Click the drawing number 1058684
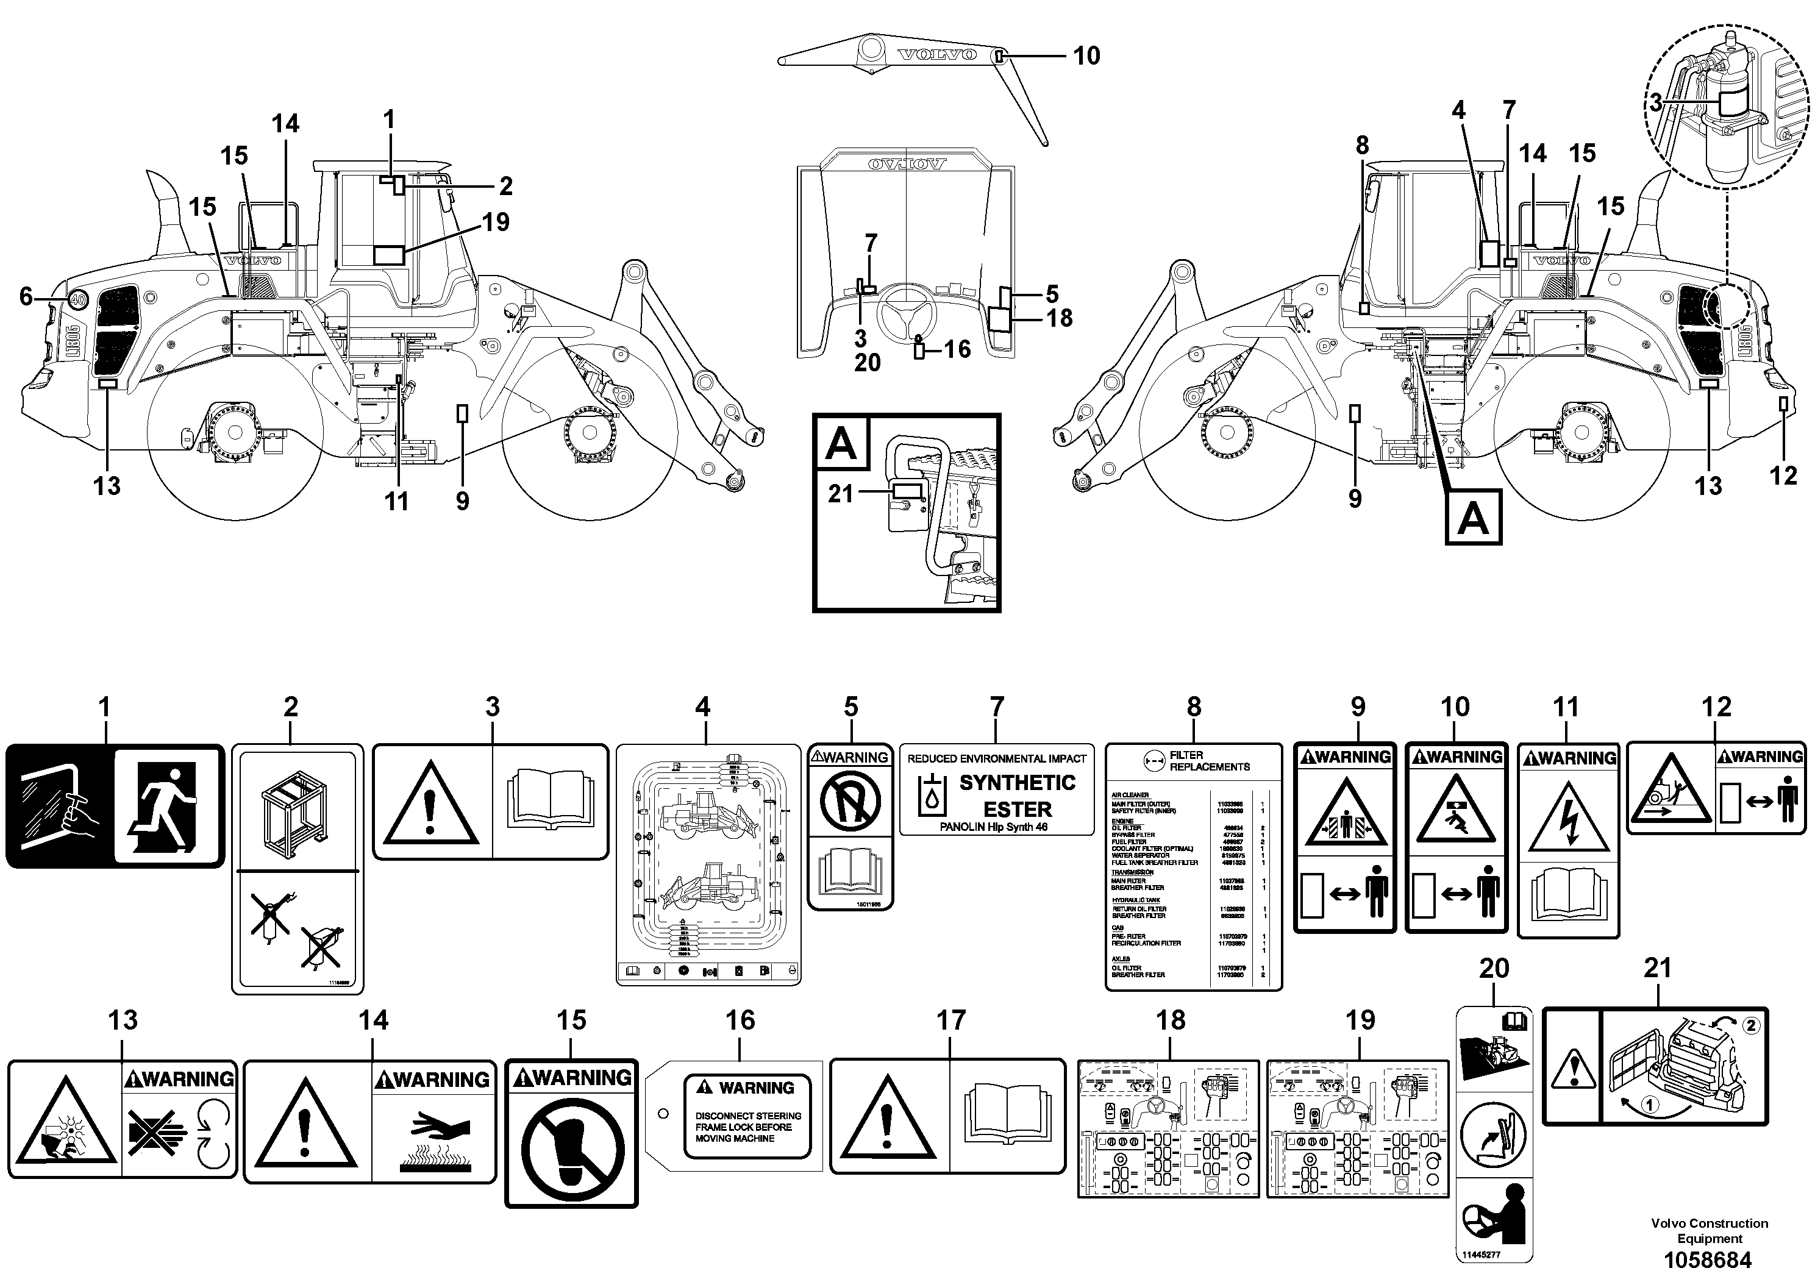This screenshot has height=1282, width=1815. (1708, 1260)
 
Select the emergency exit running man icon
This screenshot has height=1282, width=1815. (165, 806)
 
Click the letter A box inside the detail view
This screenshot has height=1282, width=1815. (840, 443)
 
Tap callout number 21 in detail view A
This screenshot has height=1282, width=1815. (840, 494)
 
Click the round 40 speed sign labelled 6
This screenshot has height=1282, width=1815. (77, 299)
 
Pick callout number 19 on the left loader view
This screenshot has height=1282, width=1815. (496, 222)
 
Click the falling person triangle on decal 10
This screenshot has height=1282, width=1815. (1455, 819)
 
